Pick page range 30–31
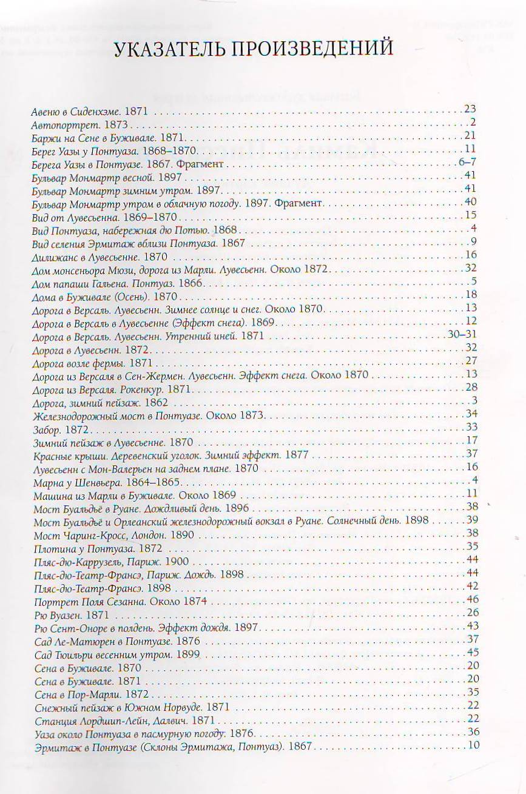[x=467, y=334]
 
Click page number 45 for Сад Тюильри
[x=473, y=652]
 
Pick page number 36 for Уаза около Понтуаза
[x=473, y=732]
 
